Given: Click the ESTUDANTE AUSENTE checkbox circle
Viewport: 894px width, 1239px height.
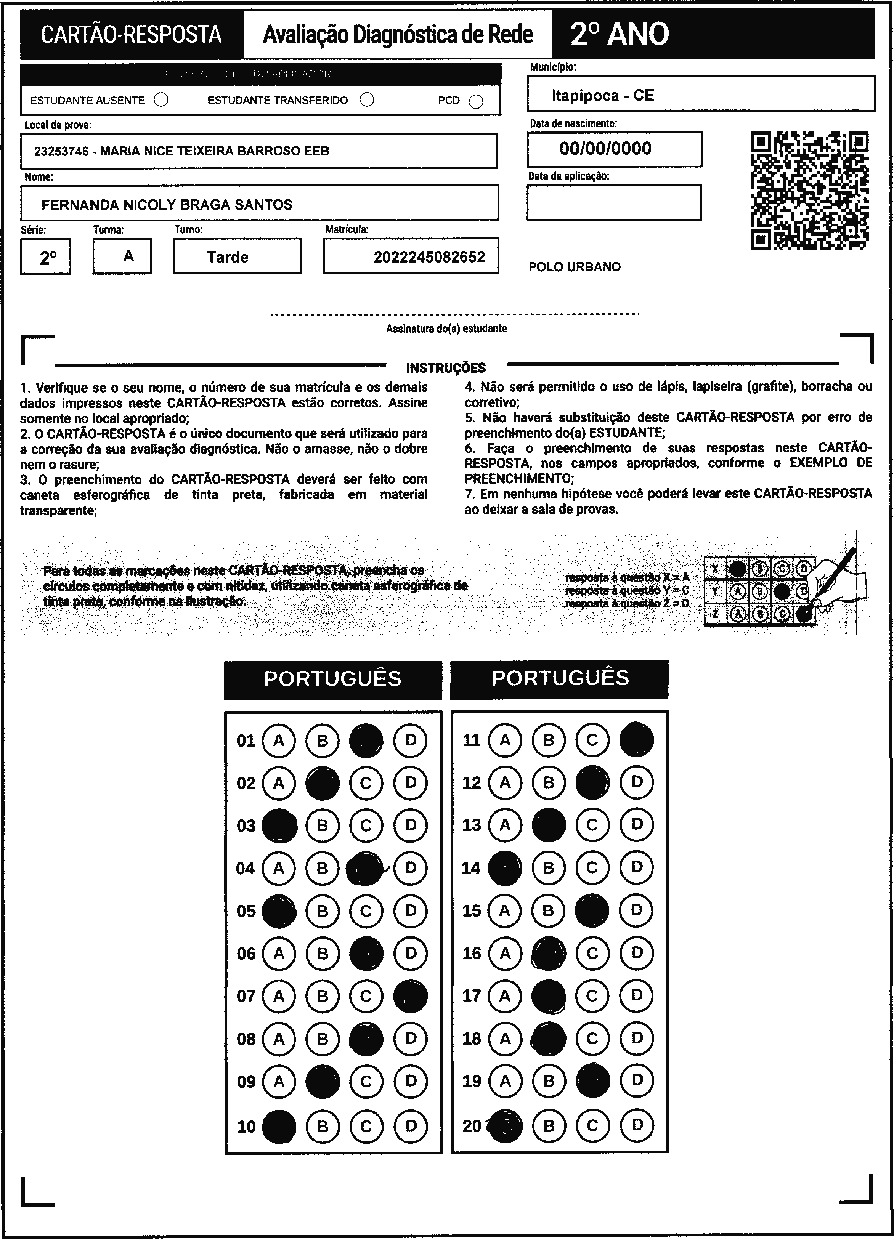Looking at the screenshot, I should pos(161,100).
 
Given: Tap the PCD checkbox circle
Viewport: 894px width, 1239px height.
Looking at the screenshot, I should pos(476,102).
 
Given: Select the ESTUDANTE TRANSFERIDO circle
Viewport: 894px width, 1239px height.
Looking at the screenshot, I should pos(367,99).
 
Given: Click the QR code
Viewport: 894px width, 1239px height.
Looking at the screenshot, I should pos(809,190).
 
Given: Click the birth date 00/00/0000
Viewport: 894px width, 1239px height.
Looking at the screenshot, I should pos(605,149).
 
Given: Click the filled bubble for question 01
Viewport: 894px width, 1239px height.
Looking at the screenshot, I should pos(366,741).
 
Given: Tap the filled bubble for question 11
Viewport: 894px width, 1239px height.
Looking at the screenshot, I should pos(637,740).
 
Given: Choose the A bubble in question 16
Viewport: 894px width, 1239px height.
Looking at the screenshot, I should pos(505,953).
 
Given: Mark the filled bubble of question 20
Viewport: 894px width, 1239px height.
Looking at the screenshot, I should pos(505,1125).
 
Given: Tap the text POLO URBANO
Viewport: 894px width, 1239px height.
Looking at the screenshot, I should pos(574,267).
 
